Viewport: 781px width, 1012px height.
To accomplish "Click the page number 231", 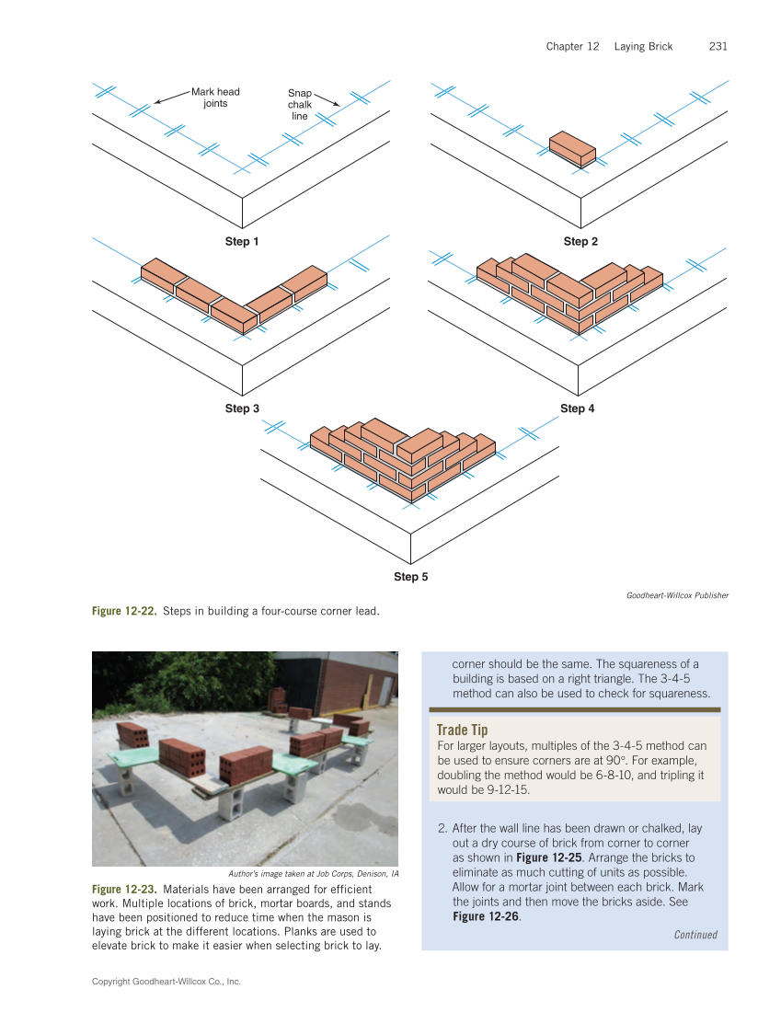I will coord(718,46).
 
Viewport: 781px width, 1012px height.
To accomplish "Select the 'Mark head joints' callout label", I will coord(215,98).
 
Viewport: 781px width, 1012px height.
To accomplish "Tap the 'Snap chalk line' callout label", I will coord(300,105).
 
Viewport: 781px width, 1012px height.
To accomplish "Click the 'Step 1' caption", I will coord(242,241).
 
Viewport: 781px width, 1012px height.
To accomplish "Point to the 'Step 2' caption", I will coord(580,241).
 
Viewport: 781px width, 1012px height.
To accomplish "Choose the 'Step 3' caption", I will coord(242,408).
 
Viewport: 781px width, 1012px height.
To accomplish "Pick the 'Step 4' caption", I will coord(578,408).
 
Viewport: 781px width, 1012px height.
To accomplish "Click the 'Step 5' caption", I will coord(410,577).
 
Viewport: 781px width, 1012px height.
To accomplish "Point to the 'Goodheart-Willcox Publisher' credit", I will coord(677,595).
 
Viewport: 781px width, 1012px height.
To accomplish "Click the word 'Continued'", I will coord(695,935).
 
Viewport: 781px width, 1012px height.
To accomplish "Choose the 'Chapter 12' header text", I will coord(572,46).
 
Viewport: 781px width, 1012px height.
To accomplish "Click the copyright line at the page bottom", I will coord(167,982).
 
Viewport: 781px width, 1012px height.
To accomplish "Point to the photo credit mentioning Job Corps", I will coord(312,873).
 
